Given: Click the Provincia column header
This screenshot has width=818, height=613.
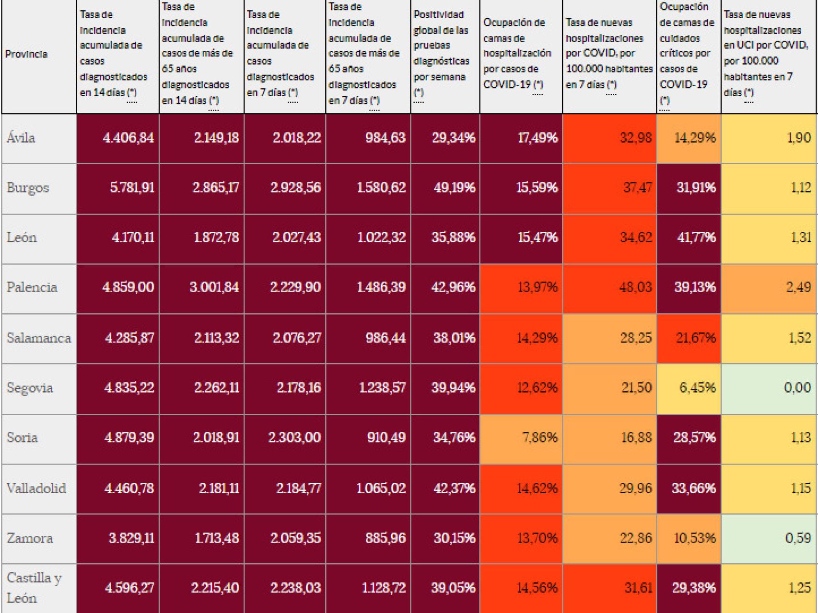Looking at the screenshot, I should (26, 54).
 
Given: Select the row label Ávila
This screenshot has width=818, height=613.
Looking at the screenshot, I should (21, 138).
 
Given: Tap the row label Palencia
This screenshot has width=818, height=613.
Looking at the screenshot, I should (32, 287).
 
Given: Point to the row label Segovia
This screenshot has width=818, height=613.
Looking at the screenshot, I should (30, 388).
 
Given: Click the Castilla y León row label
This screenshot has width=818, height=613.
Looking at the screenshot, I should (34, 588).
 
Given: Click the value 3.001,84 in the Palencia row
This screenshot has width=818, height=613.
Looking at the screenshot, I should (214, 287).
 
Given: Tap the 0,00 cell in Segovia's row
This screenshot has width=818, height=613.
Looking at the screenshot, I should (797, 388).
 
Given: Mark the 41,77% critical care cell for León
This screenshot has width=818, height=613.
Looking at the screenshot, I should (696, 238).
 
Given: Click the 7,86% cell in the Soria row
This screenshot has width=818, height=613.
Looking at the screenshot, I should (539, 438).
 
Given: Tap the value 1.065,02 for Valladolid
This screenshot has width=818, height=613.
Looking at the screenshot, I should (381, 488).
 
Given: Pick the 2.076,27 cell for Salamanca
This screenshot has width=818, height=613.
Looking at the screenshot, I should (296, 338).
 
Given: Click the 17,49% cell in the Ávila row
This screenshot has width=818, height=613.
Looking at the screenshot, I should (538, 138).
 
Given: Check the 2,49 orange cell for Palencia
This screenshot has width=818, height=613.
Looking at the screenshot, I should (798, 287).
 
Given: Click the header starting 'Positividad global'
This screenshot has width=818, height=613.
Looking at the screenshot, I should (442, 54).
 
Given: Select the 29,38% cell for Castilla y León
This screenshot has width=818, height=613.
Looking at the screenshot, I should (693, 588).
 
